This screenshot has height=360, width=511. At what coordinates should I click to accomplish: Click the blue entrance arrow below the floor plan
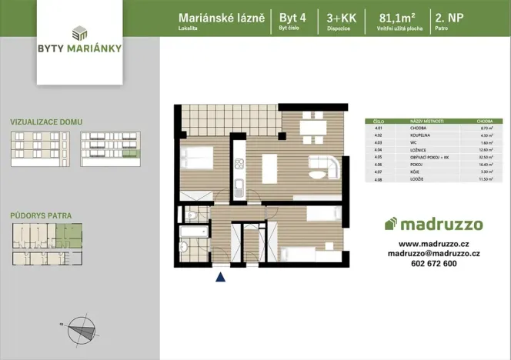(221, 278)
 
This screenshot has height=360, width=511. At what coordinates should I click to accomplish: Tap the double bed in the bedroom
(197, 157)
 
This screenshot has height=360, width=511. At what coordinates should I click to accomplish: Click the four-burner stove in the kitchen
(239, 163)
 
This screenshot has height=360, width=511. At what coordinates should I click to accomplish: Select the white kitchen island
(269, 167)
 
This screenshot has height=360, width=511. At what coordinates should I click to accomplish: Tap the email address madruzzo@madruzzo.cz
(434, 253)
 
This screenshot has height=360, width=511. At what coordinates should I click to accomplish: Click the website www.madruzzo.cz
(434, 243)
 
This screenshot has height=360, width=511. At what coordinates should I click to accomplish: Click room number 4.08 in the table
(377, 178)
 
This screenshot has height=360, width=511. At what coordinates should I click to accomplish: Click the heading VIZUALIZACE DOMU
(46, 122)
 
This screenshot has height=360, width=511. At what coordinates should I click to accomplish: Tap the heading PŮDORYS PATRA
(41, 216)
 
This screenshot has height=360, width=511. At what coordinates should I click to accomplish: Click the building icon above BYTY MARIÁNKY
(79, 32)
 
